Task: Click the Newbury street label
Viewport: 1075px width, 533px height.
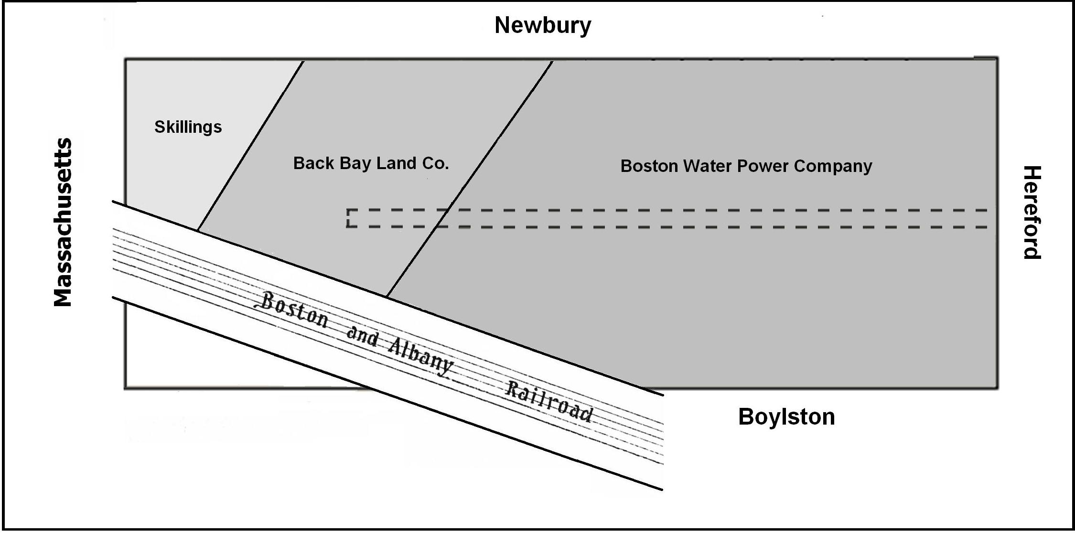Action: point(543,25)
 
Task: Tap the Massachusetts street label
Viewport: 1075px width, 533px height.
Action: point(63,222)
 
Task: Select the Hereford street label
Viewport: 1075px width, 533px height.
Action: point(1032,213)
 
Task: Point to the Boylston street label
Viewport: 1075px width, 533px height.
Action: point(786,417)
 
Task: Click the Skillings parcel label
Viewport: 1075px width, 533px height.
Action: point(188,127)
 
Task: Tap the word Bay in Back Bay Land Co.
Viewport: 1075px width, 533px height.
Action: point(355,163)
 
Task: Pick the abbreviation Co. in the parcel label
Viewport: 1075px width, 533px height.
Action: point(435,163)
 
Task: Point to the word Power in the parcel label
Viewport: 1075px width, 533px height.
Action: point(763,166)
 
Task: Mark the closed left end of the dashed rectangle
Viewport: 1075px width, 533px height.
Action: point(349,218)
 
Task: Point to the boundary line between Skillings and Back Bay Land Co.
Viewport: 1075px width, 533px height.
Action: point(251,145)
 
